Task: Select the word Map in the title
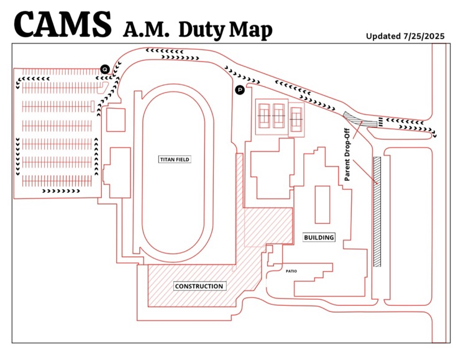[x=252, y=29]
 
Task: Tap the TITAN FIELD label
[x=175, y=160]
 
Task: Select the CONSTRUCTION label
[x=199, y=286]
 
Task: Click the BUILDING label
[x=319, y=237]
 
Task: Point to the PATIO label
[x=291, y=271]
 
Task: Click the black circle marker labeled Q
[x=105, y=68]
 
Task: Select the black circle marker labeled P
[x=240, y=90]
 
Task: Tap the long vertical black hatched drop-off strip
[x=377, y=211]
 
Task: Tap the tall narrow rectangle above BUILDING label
[x=322, y=204]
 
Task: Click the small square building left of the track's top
[x=116, y=119]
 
